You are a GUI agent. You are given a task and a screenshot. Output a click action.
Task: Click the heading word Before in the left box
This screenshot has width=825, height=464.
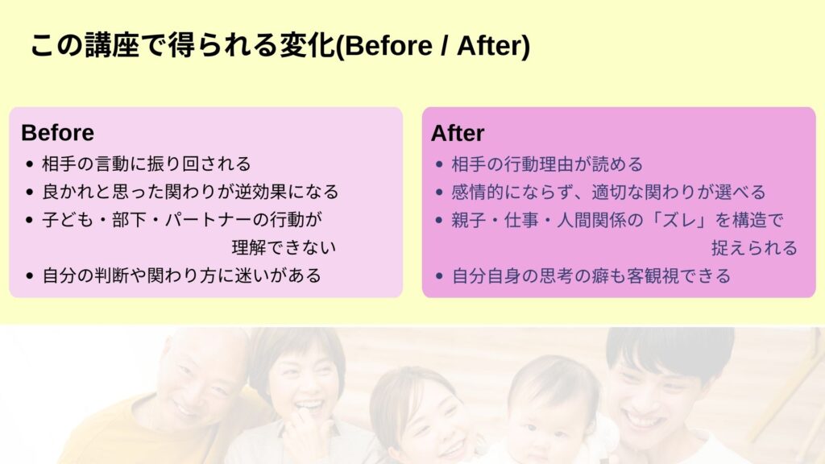[x=57, y=133]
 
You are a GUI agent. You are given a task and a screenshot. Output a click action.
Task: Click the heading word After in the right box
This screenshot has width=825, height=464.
[x=458, y=133]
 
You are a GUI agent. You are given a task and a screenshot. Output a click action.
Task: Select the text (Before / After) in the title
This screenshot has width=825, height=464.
[x=433, y=46]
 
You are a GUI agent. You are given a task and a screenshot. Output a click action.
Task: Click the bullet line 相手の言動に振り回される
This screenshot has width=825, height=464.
[x=147, y=164]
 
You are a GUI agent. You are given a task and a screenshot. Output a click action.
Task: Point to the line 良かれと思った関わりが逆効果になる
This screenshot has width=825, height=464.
[x=190, y=192]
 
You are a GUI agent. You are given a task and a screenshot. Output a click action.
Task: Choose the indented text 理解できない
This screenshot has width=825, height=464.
[x=284, y=247]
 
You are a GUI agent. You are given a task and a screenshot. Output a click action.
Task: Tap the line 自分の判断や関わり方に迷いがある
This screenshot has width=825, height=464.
[x=181, y=275]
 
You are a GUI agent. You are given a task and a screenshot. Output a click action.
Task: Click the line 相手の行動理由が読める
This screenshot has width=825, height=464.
[x=547, y=164]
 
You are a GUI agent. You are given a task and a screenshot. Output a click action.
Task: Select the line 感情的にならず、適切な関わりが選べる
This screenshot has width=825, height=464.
[x=608, y=192]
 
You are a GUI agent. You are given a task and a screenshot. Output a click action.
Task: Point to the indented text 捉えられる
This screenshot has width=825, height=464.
[x=754, y=248]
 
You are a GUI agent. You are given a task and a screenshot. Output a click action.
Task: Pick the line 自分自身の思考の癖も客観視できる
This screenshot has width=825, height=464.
[x=591, y=275]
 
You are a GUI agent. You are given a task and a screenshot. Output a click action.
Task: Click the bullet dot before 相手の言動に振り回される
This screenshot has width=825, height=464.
[x=30, y=164]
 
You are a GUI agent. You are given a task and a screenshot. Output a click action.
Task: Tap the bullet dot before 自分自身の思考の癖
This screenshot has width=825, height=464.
[x=440, y=275]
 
